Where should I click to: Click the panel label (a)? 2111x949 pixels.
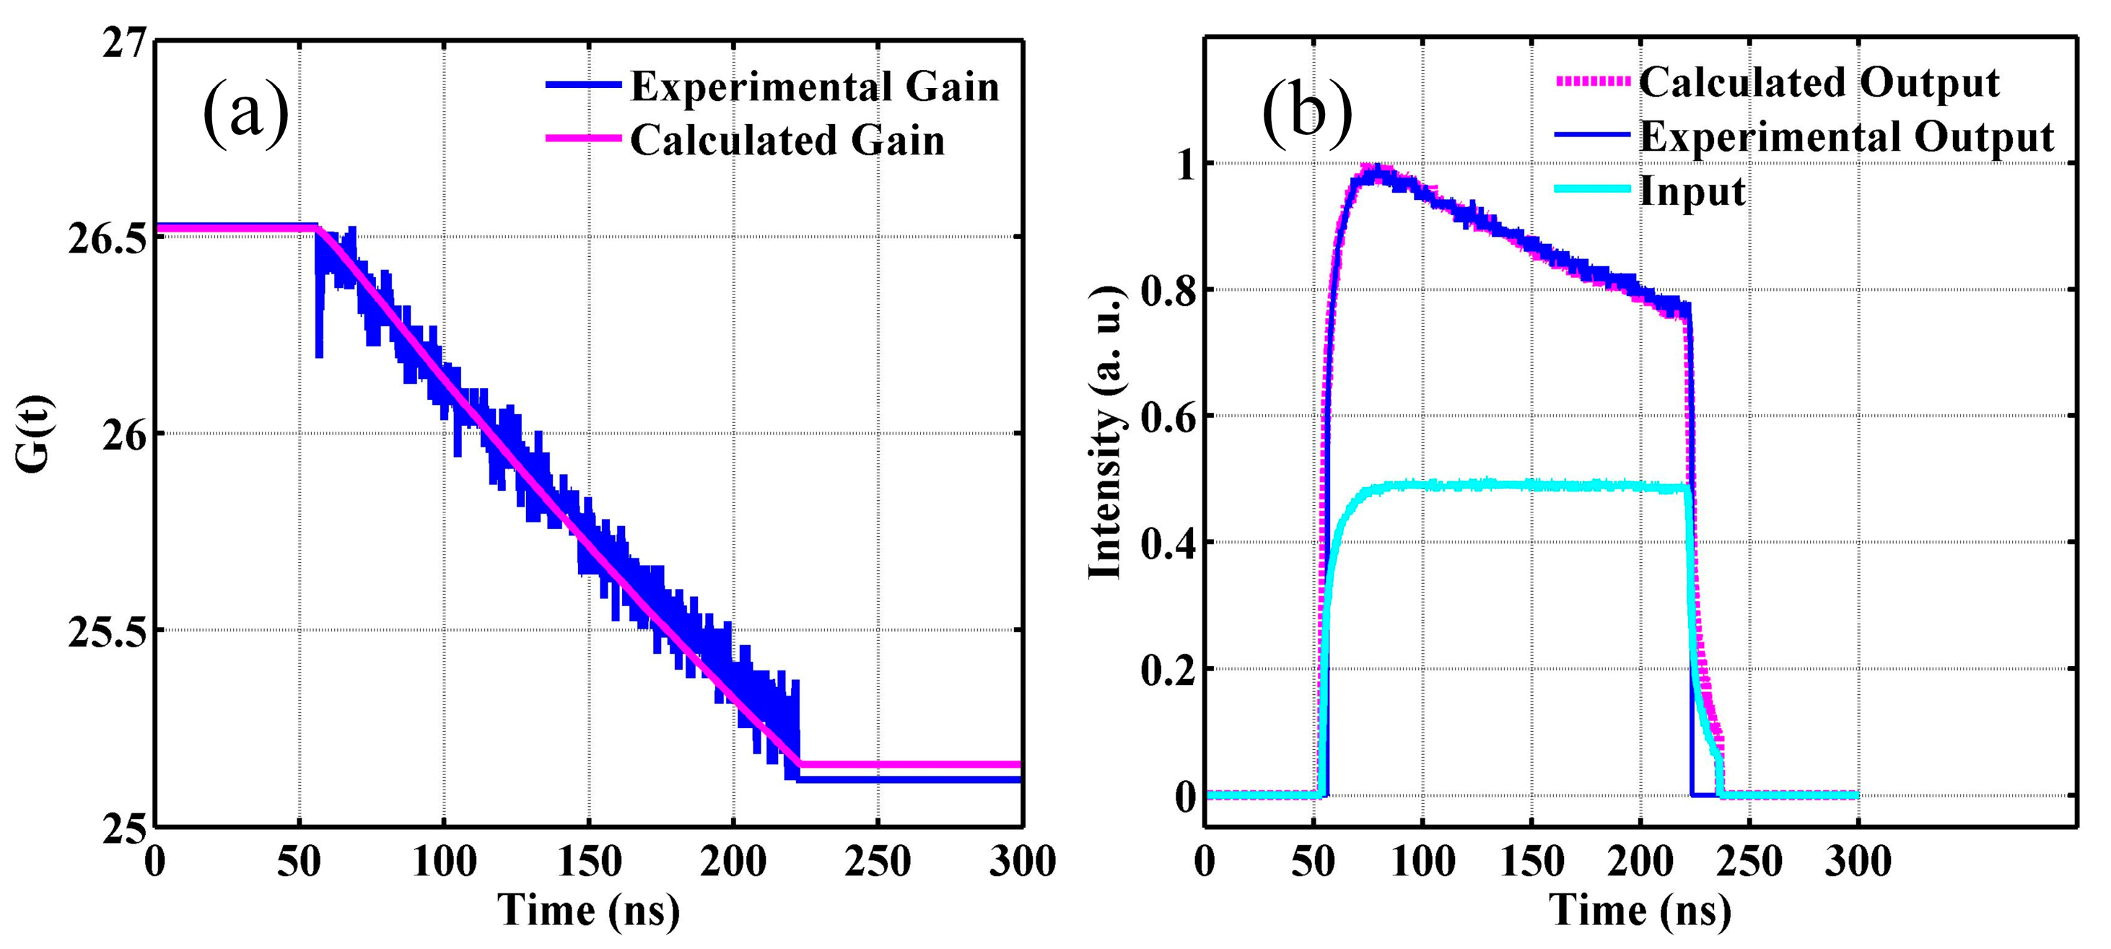click(x=246, y=113)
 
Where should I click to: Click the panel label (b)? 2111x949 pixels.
click(x=1306, y=113)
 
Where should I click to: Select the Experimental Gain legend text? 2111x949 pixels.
click(x=815, y=86)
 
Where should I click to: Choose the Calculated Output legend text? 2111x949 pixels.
click(x=1819, y=82)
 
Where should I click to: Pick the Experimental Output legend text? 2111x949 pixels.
click(x=1846, y=136)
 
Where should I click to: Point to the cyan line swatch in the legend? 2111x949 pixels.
click(x=1592, y=189)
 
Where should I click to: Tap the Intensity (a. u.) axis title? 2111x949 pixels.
click(x=1106, y=433)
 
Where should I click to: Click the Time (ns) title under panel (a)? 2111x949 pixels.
click(x=588, y=911)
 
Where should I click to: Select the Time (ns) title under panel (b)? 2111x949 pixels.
click(x=1640, y=911)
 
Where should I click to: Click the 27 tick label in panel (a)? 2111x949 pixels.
click(x=123, y=43)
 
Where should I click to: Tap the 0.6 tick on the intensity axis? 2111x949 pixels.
click(x=1168, y=417)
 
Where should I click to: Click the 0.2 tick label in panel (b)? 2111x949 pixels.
click(x=1168, y=670)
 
